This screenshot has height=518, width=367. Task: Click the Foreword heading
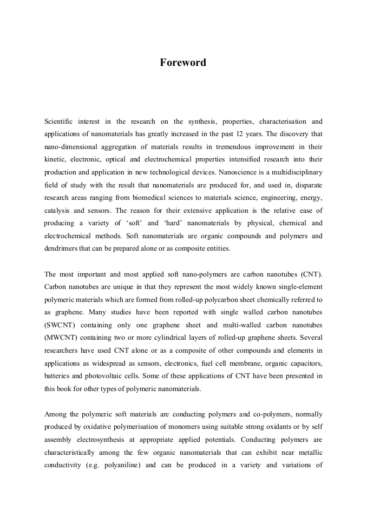183,63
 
